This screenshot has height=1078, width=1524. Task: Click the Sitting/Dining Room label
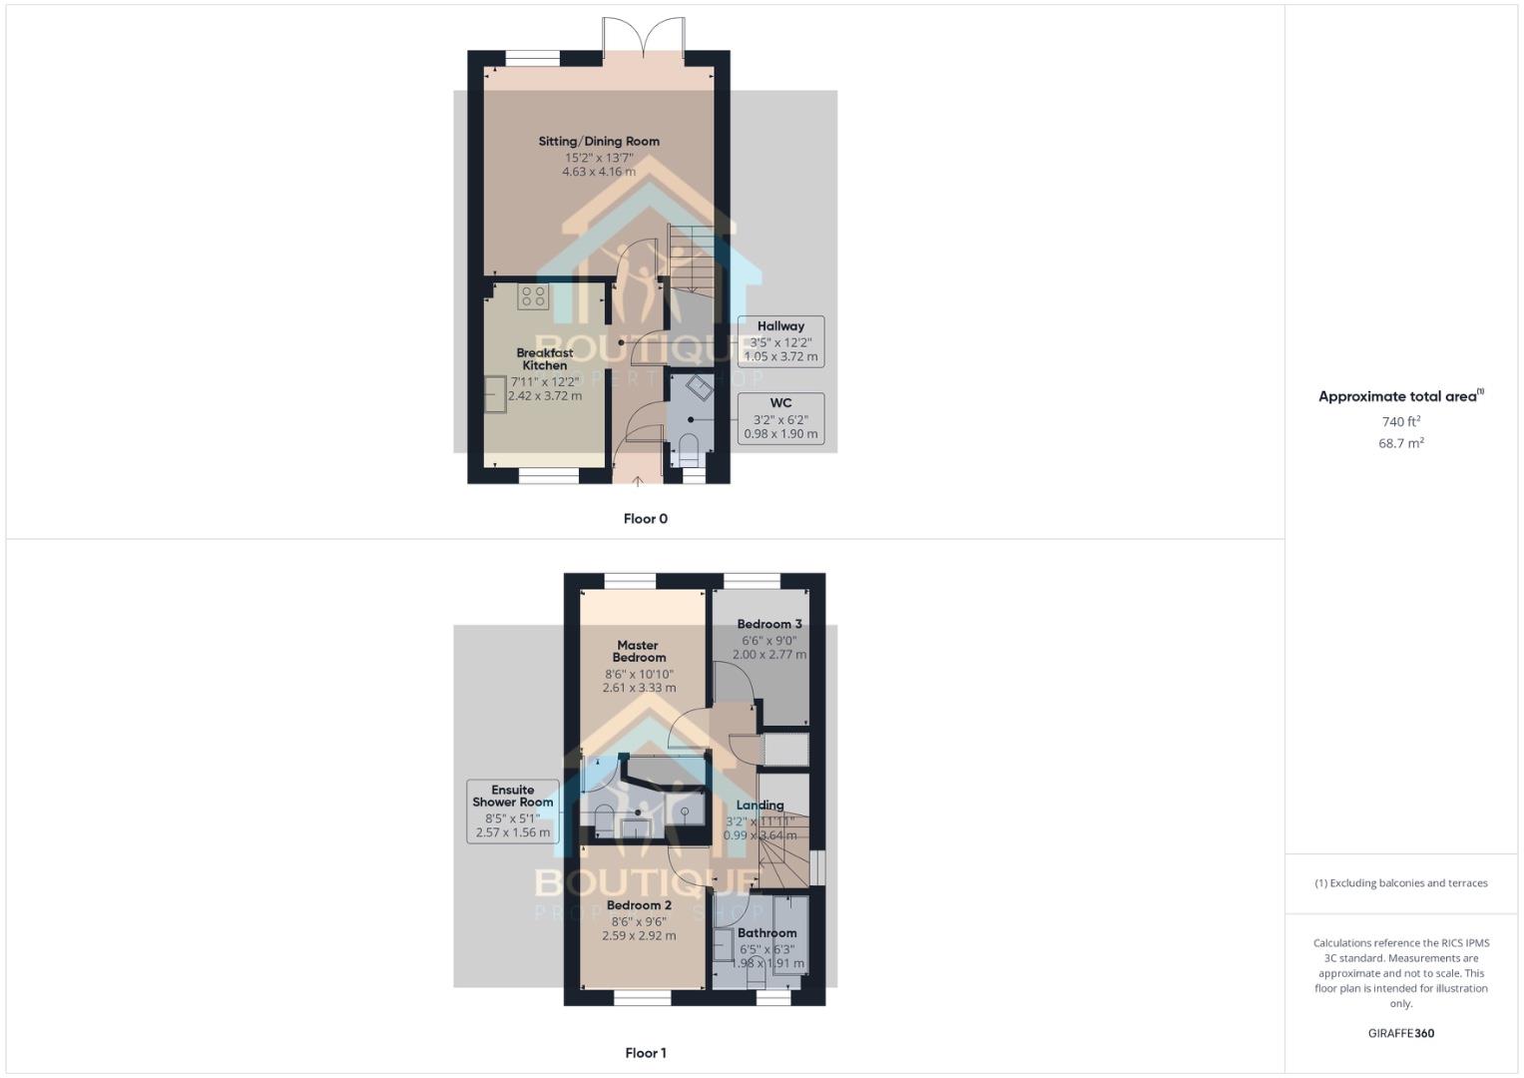[x=599, y=142]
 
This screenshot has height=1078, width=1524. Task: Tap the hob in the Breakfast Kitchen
[x=533, y=295]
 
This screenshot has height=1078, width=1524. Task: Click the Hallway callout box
[x=780, y=341]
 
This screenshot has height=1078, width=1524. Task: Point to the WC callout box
[x=780, y=419]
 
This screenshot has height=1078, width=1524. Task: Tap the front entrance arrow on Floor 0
[x=639, y=482]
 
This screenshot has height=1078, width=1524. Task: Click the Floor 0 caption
[x=646, y=519]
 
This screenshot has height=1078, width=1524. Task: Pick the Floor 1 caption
[x=646, y=1053]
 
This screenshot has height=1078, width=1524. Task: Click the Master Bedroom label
[x=639, y=651]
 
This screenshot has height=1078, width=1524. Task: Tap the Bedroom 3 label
[x=769, y=624]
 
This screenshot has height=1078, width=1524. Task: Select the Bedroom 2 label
[x=639, y=905]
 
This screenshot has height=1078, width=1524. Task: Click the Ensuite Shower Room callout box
[x=513, y=809]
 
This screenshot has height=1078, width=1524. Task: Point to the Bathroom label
[x=767, y=933]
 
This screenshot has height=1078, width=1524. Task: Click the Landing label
[x=761, y=806]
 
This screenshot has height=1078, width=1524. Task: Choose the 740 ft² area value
[x=1400, y=422]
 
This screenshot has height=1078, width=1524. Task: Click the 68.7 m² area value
[x=1400, y=443]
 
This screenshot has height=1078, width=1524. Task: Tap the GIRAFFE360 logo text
[x=1400, y=1033]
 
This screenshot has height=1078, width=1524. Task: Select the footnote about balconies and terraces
[x=1400, y=883]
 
